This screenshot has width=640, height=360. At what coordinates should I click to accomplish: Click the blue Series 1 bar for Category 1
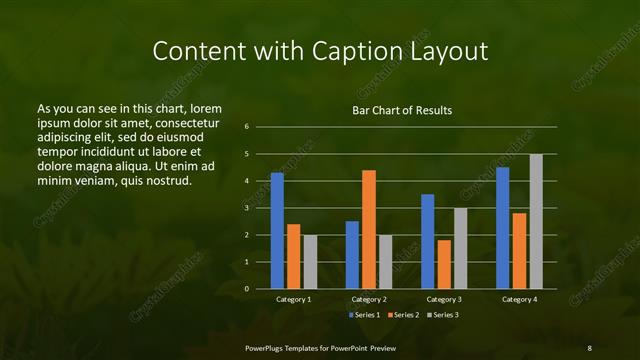click(x=277, y=231)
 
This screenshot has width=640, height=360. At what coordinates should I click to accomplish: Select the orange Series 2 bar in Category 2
click(x=369, y=229)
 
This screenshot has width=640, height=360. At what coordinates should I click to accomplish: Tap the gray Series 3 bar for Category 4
click(x=536, y=221)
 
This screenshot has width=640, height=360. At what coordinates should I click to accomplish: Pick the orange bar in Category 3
click(x=444, y=264)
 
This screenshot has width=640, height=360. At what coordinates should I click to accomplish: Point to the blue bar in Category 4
click(x=503, y=228)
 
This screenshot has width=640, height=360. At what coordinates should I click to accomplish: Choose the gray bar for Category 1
click(x=310, y=262)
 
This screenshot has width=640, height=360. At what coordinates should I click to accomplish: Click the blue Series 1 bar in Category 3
click(x=428, y=241)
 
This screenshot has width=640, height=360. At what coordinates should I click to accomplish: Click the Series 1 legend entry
click(x=362, y=315)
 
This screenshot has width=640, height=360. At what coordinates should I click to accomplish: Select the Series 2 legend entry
click(x=402, y=315)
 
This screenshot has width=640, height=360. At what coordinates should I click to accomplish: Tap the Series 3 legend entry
click(x=442, y=315)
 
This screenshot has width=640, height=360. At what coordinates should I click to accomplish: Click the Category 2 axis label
click(x=369, y=299)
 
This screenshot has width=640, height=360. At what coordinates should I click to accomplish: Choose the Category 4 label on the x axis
click(x=519, y=299)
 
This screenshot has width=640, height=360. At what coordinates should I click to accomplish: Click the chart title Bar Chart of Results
click(x=402, y=110)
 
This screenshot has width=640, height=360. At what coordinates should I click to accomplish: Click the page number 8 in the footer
click(x=589, y=347)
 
